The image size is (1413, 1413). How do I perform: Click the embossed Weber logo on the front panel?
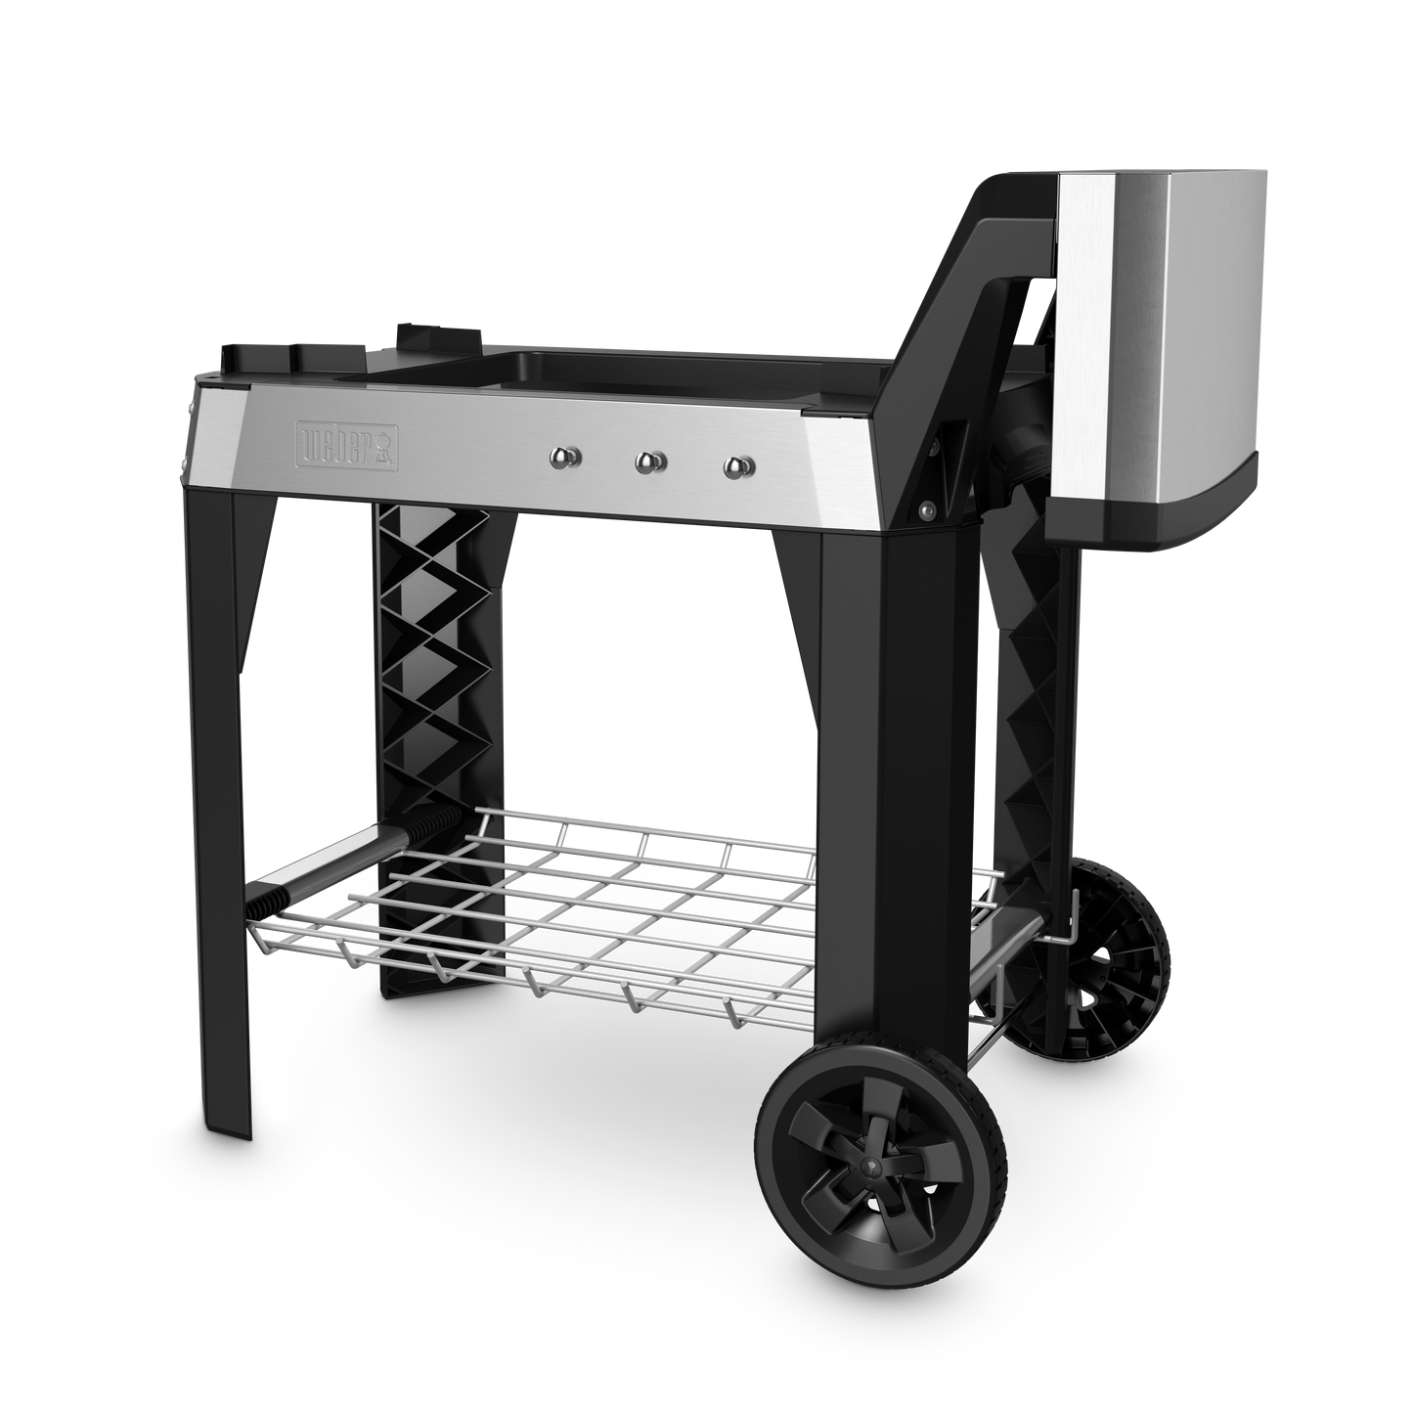tap(347, 444)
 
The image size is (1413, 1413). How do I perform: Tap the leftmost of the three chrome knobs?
tap(565, 459)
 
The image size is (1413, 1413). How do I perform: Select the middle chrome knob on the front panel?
tap(650, 462)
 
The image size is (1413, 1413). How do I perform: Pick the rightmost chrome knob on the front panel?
tap(738, 466)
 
